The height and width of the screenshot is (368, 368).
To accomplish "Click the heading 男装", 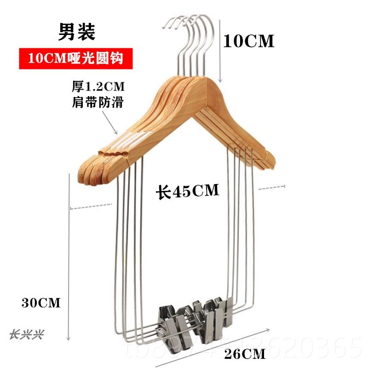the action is (x=76, y=31).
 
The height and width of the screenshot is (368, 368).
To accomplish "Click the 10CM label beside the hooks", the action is (x=248, y=41).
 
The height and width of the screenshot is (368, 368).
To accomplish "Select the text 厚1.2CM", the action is (x=98, y=86).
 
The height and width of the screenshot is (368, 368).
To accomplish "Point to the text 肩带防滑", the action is (x=98, y=103).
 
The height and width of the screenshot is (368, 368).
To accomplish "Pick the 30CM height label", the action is (x=41, y=303).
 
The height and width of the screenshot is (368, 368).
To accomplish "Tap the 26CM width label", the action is (x=245, y=354).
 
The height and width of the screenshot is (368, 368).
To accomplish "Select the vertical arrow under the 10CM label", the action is (x=221, y=51).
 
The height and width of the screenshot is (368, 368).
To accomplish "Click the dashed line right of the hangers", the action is (x=271, y=187).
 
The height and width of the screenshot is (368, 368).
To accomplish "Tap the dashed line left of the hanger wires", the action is (x=91, y=207).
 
